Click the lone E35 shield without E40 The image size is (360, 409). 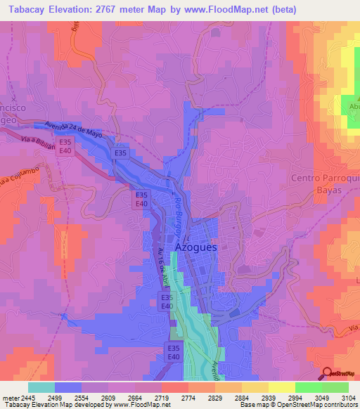coord(120,153)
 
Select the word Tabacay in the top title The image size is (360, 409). coord(26,10)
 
